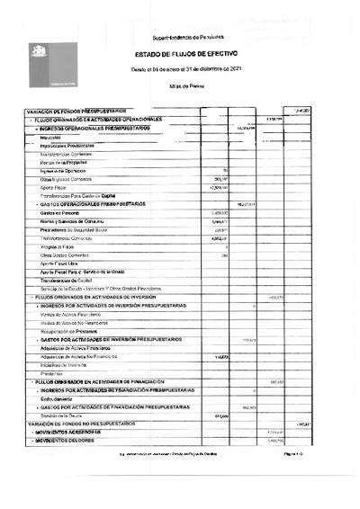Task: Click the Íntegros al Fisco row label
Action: click(x=58, y=246)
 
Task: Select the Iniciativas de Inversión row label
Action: click(x=65, y=365)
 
